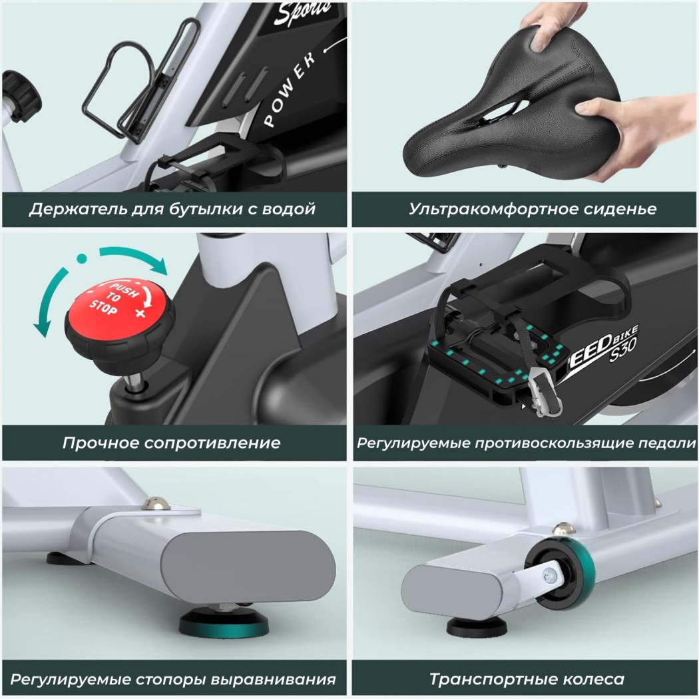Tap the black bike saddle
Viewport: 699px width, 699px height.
tap(512, 116)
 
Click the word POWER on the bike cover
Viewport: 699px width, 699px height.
tap(290, 89)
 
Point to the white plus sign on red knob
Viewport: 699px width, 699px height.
tap(140, 313)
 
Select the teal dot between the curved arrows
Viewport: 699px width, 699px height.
tap(82, 258)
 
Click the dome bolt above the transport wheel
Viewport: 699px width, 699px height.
tap(563, 530)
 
